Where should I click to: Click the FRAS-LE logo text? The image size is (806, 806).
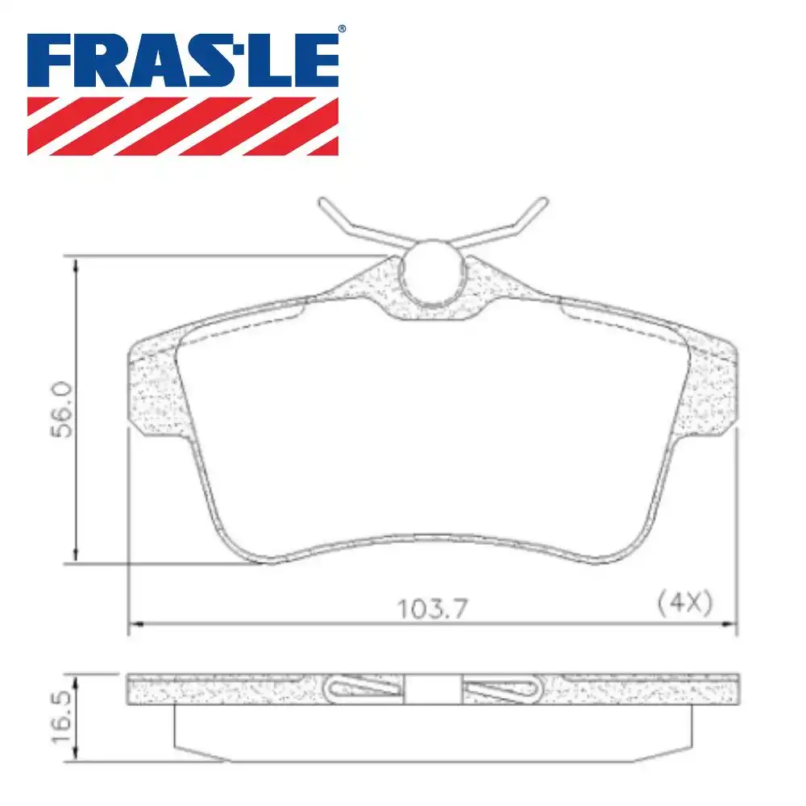pos(183,60)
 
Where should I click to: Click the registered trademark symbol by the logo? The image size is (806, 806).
pos(342,30)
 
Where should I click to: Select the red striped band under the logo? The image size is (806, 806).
pos(183,126)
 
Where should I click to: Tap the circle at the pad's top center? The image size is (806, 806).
pos(434,272)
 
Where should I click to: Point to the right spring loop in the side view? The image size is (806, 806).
pos(504,688)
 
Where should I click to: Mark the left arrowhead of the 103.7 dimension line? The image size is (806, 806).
pos(135,623)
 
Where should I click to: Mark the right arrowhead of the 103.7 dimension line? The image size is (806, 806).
pos(732,623)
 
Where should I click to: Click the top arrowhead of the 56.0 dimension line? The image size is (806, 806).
pos(76,264)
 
